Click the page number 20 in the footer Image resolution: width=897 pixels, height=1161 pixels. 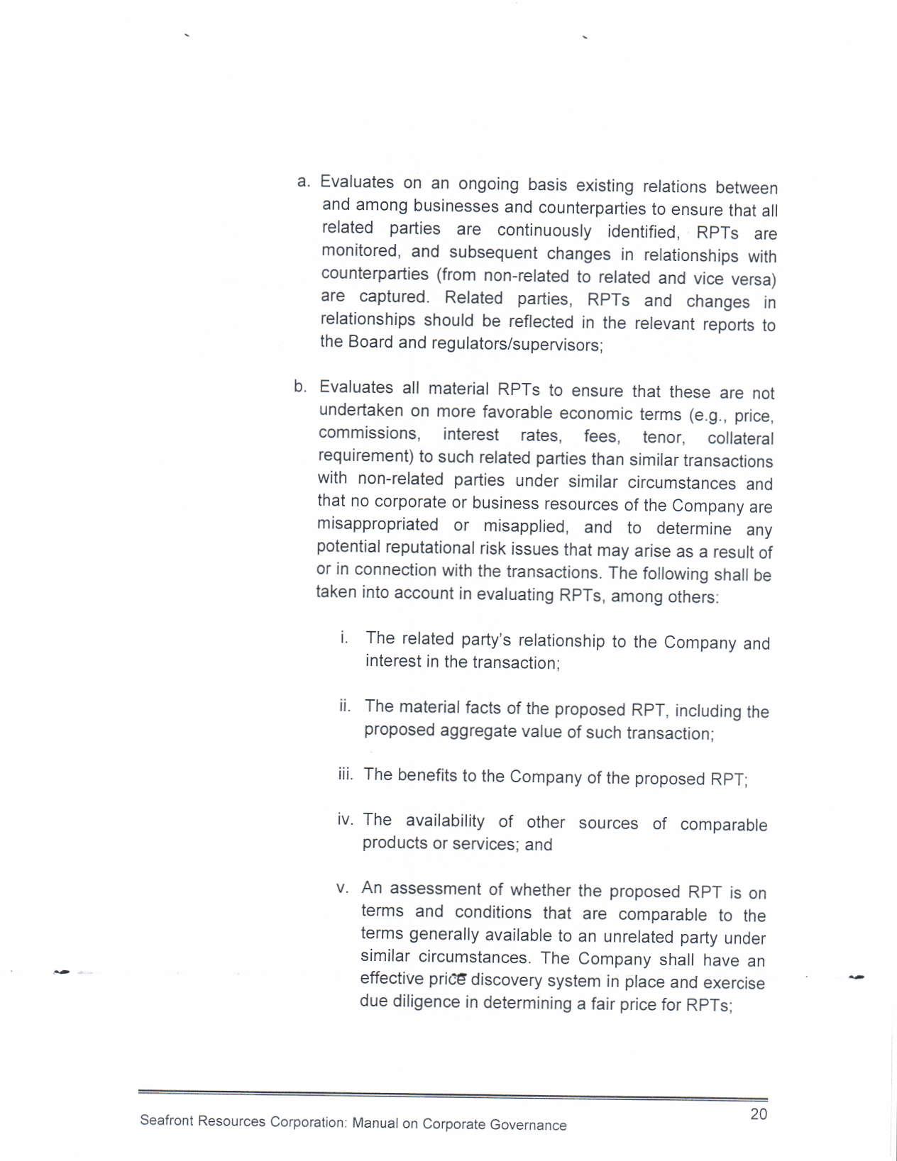click(759, 1113)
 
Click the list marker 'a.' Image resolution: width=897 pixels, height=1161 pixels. click(304, 182)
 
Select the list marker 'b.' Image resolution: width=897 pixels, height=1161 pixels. click(301, 387)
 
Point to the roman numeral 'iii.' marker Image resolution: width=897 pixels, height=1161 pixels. click(345, 774)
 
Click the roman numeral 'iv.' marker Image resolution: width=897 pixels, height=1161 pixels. click(345, 820)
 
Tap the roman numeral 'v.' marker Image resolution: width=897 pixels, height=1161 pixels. click(343, 888)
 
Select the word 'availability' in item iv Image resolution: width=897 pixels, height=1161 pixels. click(444, 821)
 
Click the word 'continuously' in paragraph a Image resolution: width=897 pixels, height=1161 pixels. click(544, 231)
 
